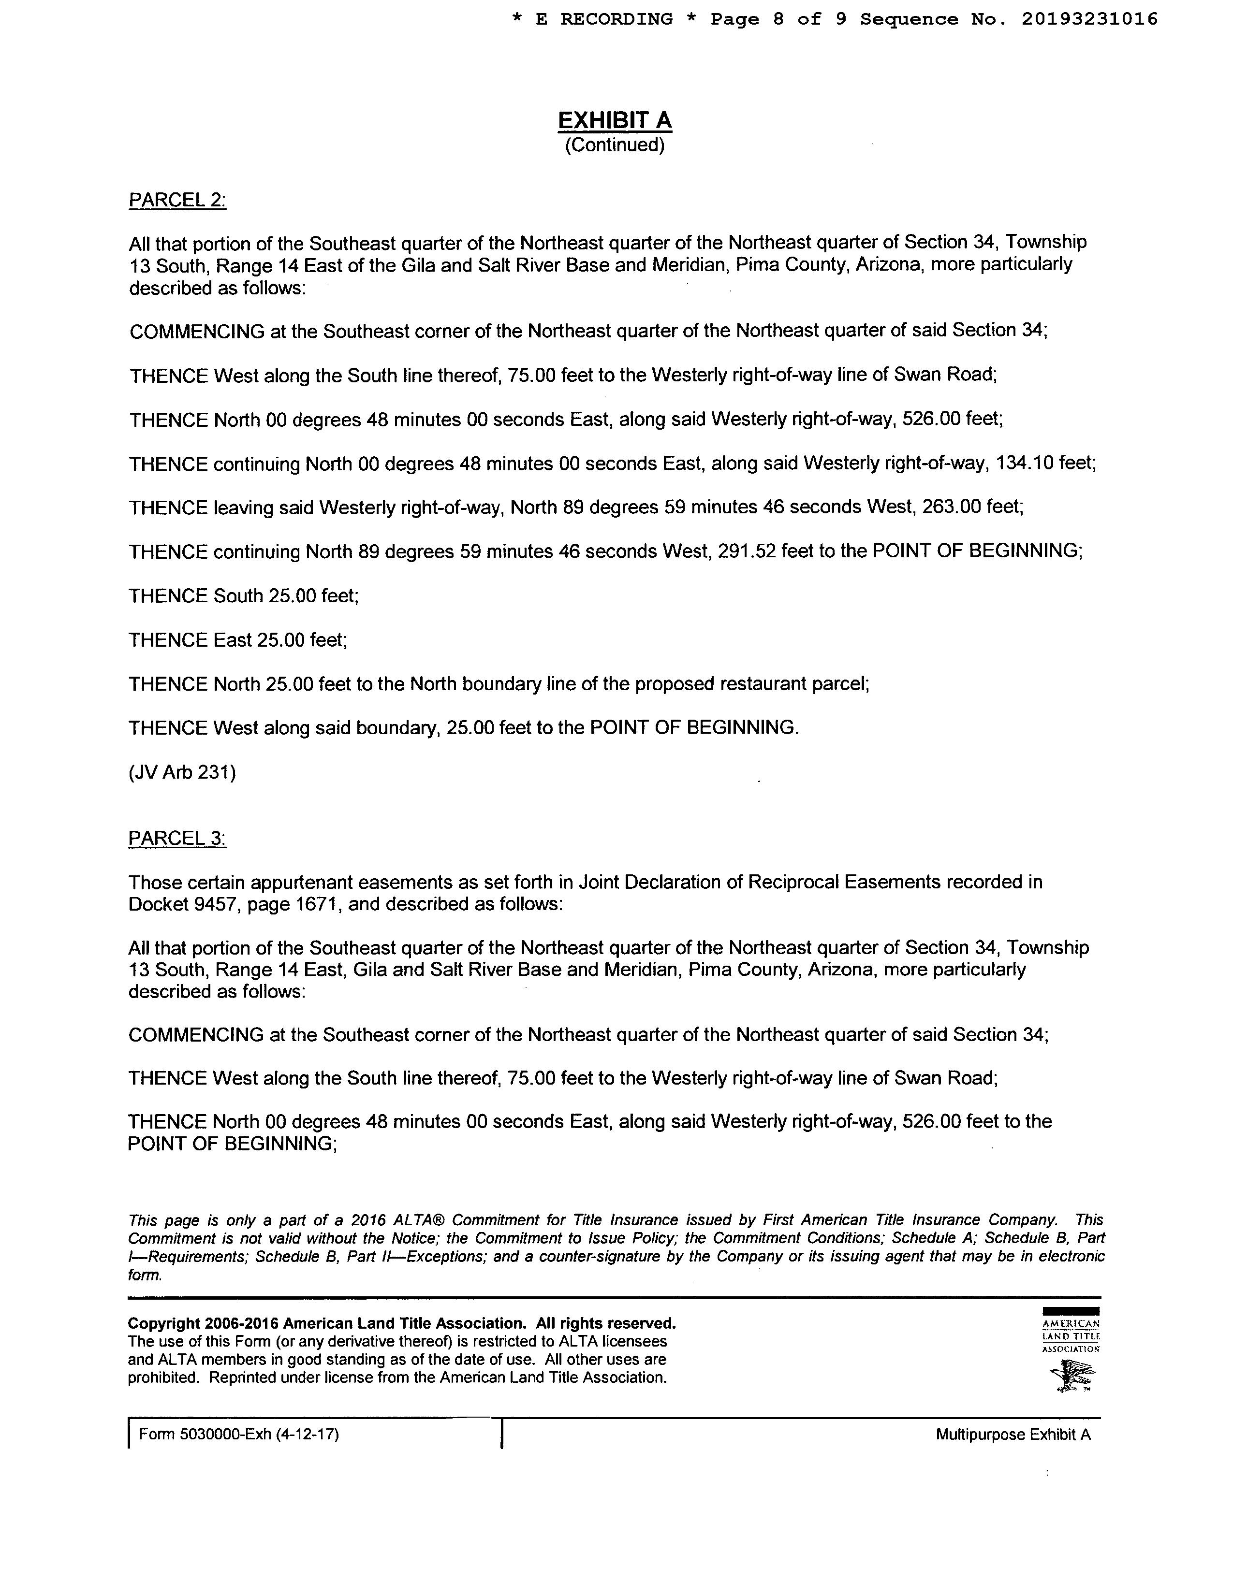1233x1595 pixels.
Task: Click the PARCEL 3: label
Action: pos(177,839)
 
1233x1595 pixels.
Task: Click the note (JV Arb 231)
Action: pos(182,772)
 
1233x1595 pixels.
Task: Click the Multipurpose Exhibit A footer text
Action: pos(1013,1435)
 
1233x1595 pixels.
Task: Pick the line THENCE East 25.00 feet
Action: pos(238,640)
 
